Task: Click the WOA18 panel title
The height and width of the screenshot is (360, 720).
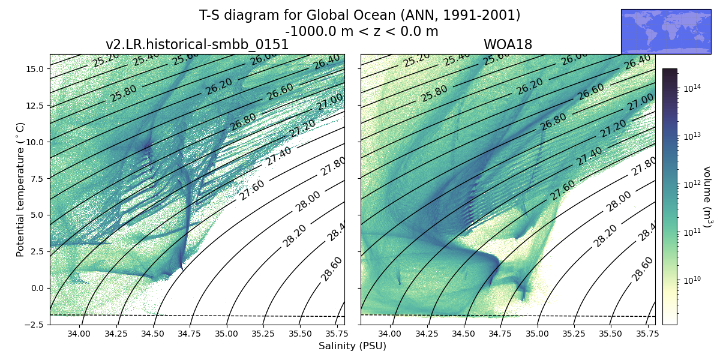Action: coord(508,45)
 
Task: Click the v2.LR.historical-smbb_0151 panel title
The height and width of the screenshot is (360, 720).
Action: coord(197,45)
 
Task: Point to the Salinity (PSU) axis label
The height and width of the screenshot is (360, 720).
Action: coord(352,346)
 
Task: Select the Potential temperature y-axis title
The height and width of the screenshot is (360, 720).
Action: coord(21,189)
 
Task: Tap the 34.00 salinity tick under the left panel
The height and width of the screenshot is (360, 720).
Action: coord(79,334)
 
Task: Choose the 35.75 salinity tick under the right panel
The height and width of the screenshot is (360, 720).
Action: coord(649,334)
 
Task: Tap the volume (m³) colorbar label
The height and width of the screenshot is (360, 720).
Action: coord(707,197)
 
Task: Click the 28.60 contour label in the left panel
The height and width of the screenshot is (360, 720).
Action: coord(332,268)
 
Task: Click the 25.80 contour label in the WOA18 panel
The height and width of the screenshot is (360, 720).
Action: coord(435,93)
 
